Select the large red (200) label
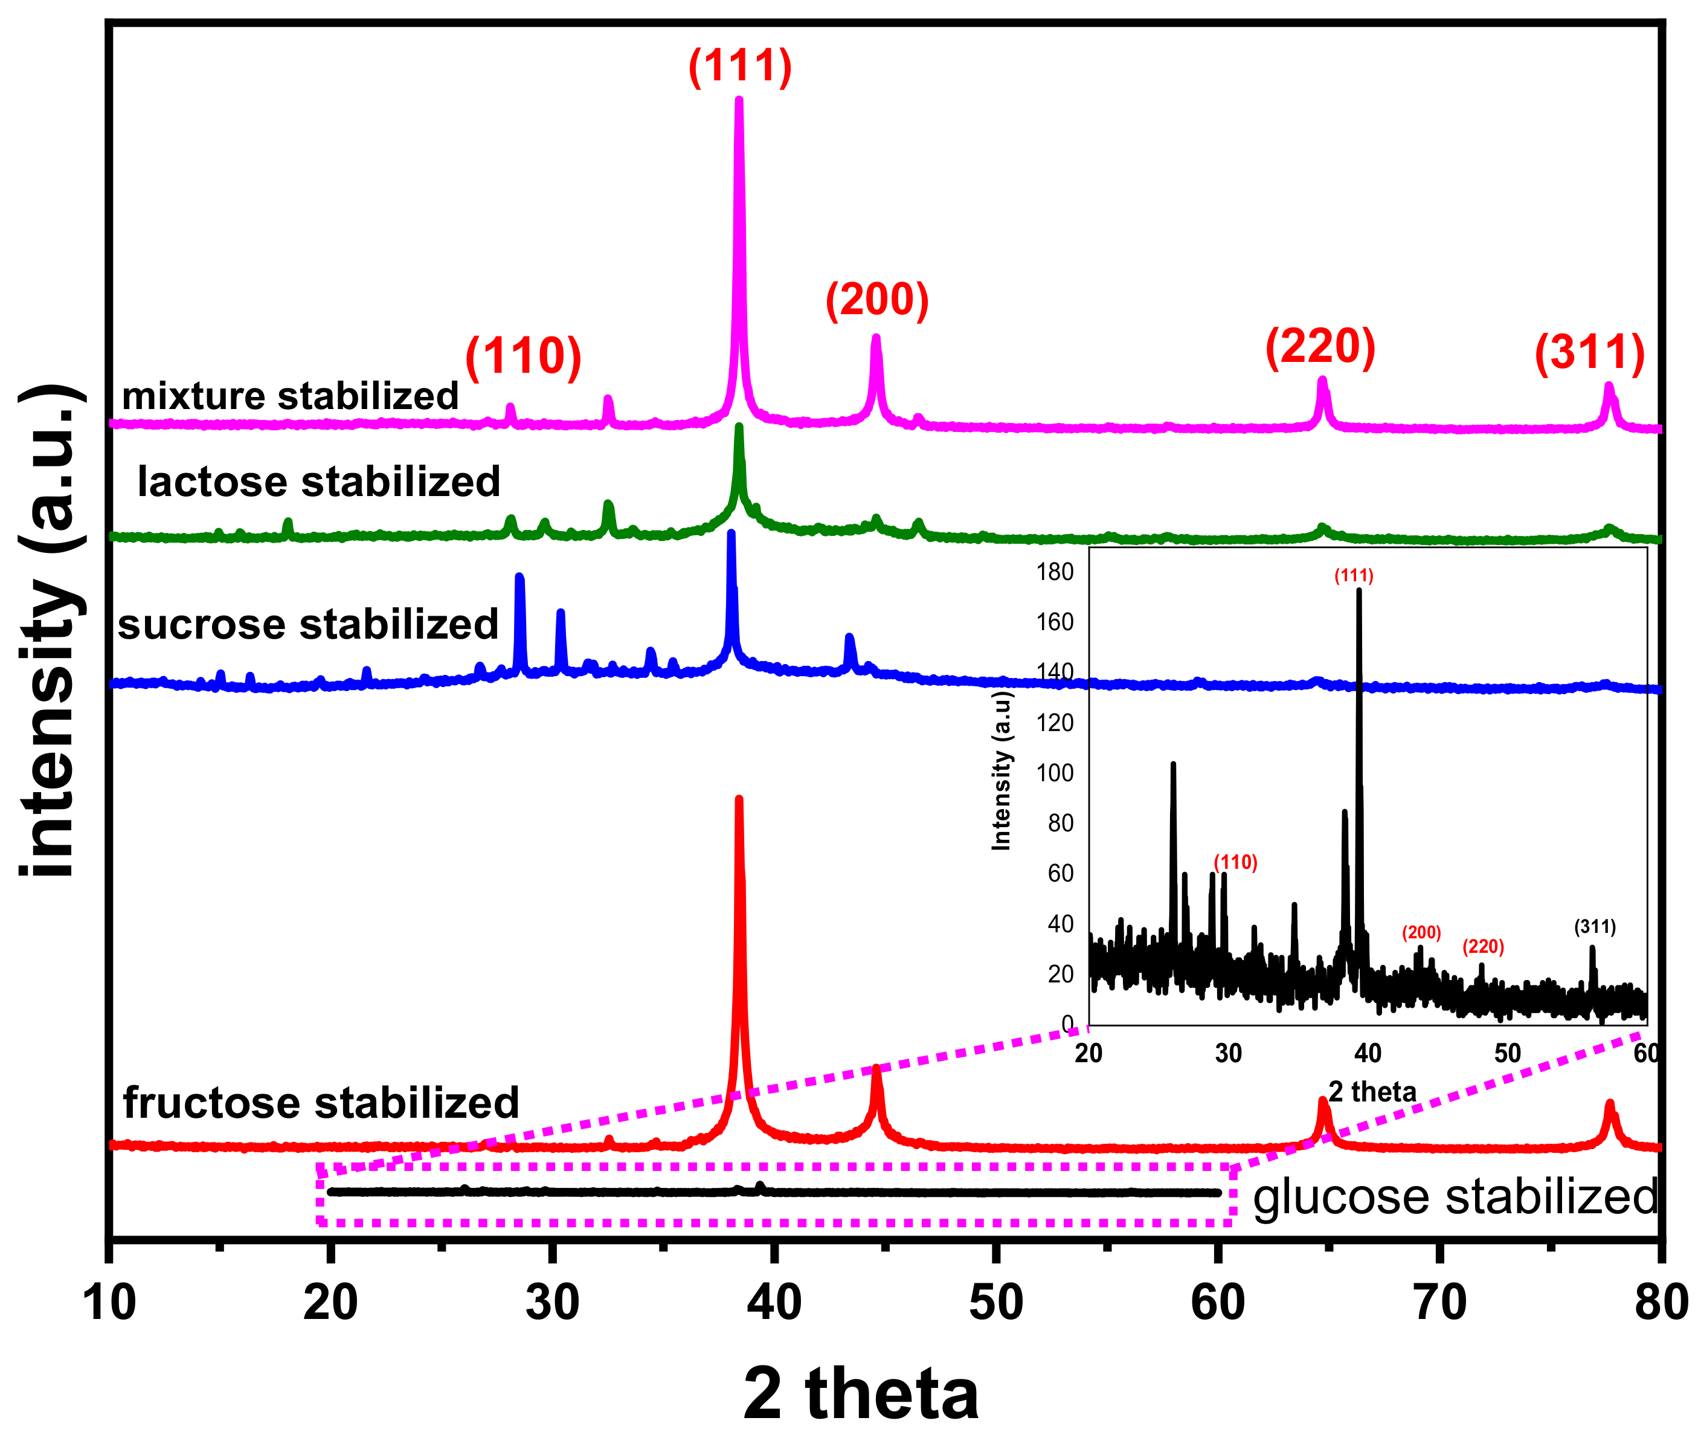click(877, 300)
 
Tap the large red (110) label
click(523, 356)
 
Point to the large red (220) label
click(1320, 346)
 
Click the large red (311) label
click(1589, 353)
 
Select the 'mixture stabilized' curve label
click(290, 396)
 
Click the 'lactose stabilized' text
click(319, 482)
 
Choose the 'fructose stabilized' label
click(321, 1103)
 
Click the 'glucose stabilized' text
click(1455, 1197)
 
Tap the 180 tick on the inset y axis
click(1055, 572)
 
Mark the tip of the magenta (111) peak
click(739, 100)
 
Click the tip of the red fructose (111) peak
click(739, 799)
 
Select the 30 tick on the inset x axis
click(1228, 1053)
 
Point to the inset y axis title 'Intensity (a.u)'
click(1001, 771)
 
